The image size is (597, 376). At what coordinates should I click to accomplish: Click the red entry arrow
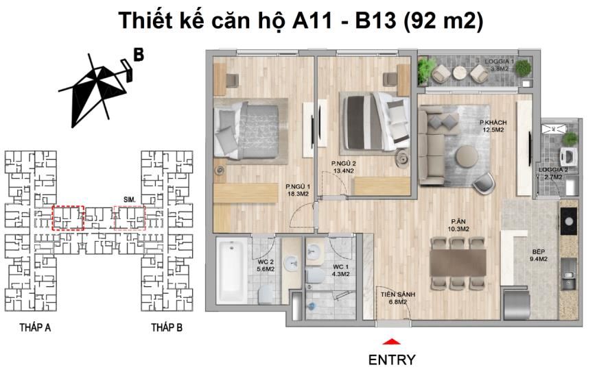(x=391, y=341)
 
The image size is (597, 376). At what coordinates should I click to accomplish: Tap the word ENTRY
(x=392, y=360)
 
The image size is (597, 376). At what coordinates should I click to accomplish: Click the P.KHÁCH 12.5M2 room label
(x=493, y=126)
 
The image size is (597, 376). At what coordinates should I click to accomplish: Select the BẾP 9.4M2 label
(x=539, y=255)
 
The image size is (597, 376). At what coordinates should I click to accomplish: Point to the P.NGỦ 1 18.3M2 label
(x=298, y=190)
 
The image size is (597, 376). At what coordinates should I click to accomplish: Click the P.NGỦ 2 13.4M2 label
(x=344, y=167)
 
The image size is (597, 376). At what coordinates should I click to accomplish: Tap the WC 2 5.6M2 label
(x=266, y=265)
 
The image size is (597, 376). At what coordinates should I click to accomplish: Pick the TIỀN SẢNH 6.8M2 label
(x=398, y=298)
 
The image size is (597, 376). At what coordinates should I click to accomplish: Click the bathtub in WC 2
(x=231, y=270)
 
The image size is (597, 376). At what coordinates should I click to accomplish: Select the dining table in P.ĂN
(x=458, y=262)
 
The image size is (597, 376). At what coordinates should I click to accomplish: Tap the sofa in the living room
(x=432, y=145)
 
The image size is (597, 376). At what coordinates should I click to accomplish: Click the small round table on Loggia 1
(x=460, y=73)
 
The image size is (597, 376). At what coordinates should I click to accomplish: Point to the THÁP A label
(x=35, y=327)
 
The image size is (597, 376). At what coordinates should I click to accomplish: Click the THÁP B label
(x=167, y=327)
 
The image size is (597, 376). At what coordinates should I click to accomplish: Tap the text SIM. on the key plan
(x=130, y=199)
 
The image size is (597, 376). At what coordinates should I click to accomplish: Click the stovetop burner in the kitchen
(x=569, y=221)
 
